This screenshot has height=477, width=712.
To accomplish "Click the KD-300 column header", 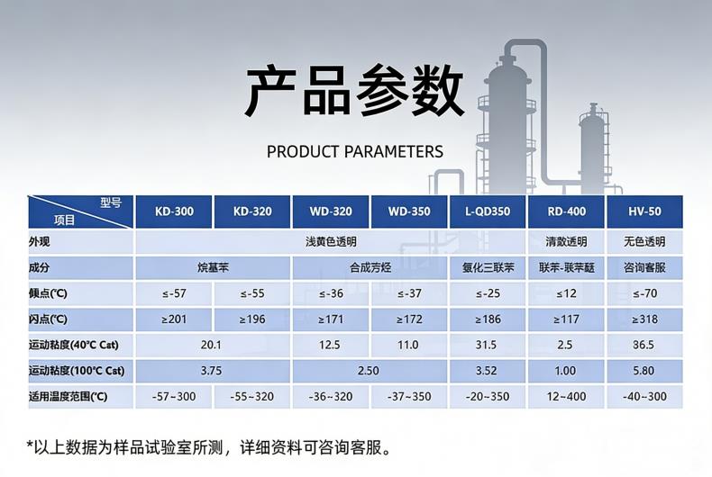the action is tap(174, 211).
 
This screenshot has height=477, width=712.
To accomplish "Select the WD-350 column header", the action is tap(409, 211).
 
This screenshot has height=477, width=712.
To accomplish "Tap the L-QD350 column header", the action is tap(488, 211).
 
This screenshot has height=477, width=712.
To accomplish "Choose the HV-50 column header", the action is tap(644, 211).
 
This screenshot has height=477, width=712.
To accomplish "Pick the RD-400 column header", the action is tap(566, 211).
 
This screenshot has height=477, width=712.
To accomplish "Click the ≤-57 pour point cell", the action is tap(174, 293).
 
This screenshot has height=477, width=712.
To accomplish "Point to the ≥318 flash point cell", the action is tap(644, 319).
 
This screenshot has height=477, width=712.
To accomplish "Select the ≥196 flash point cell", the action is tap(252, 319).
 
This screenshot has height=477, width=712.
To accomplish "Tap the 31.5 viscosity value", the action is tap(486, 345).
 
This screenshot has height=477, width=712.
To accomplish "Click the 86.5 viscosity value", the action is tap(644, 345).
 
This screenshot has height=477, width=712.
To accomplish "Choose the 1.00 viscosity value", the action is tap(565, 371).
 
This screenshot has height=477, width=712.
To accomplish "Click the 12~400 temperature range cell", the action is tap(566, 397).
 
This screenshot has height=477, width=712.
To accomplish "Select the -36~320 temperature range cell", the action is tap(331, 397).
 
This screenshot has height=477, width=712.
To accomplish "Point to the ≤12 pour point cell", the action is tap(566, 293).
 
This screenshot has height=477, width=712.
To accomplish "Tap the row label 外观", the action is tap(39, 242).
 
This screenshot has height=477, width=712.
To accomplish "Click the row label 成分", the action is tap(39, 267).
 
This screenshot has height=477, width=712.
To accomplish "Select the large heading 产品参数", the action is tap(354, 91).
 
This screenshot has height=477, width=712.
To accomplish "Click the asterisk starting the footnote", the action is tap(31, 445).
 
